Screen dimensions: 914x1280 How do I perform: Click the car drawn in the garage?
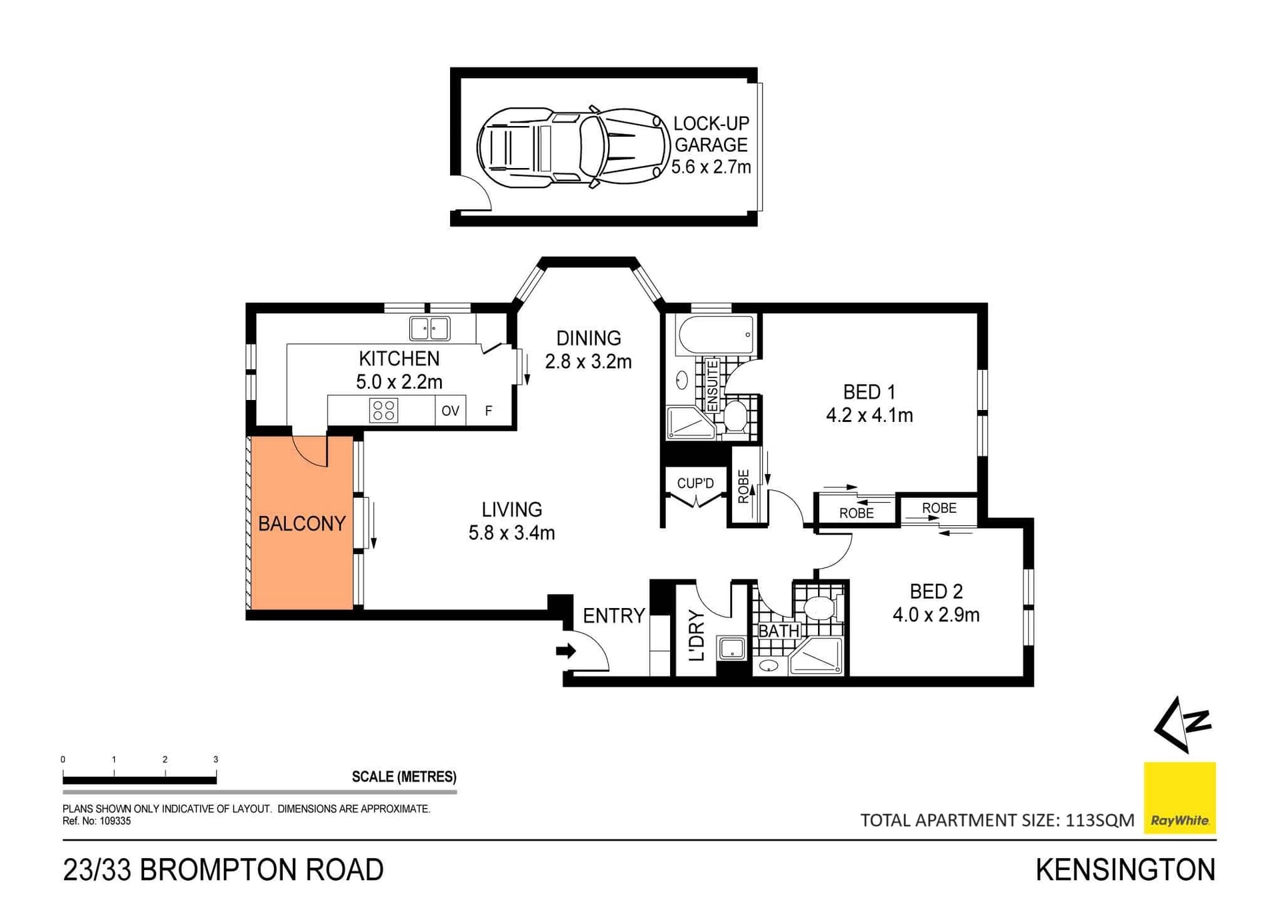[x=573, y=147]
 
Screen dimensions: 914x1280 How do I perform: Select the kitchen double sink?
[x=429, y=328]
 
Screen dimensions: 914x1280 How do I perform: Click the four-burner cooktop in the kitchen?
[x=383, y=410]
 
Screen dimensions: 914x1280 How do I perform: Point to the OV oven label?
[x=451, y=411]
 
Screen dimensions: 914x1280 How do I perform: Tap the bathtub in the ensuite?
[x=715, y=335]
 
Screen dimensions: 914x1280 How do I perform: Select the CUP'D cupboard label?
[x=695, y=483]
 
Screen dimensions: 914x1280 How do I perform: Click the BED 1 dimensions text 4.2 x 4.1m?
[x=869, y=415]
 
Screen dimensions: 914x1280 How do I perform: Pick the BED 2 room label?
[x=936, y=591]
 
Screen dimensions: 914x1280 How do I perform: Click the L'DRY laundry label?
[x=697, y=635]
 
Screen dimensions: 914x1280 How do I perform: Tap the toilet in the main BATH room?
[x=819, y=607]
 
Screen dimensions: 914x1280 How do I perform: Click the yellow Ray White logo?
[x=1179, y=797]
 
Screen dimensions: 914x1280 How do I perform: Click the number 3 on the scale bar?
[x=215, y=759]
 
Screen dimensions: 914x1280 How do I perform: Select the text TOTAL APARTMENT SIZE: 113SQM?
[x=997, y=820]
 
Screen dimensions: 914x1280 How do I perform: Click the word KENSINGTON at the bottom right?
[x=1125, y=870]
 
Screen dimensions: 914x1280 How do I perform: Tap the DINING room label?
[x=589, y=338]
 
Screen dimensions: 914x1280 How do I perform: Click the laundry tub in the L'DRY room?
[x=731, y=648]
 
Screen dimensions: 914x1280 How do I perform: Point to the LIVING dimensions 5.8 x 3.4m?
[x=511, y=533]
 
